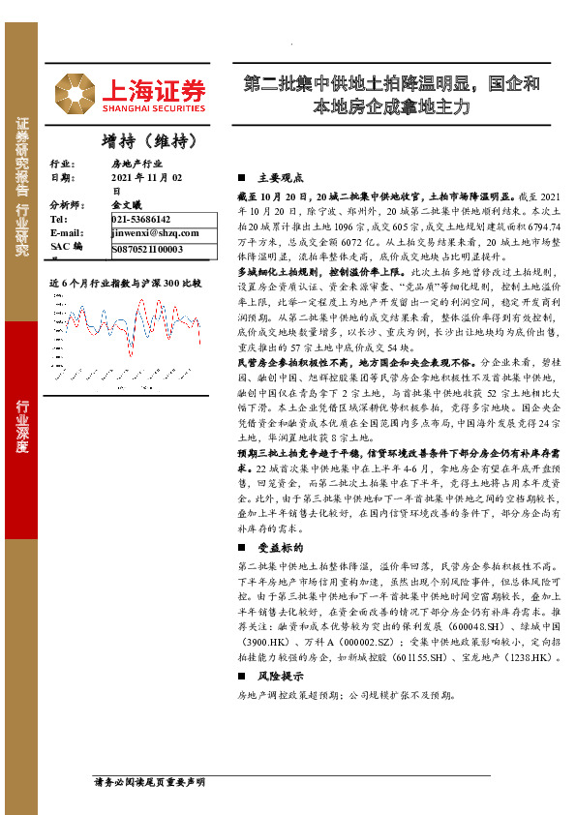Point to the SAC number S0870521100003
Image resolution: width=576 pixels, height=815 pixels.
pos(148,249)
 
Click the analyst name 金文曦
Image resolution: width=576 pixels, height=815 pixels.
pos(127,206)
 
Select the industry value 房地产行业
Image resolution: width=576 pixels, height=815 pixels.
pos(136,166)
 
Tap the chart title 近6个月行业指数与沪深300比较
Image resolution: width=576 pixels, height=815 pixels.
pos(126,284)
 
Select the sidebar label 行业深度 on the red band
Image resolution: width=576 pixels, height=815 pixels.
pos(20,426)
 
